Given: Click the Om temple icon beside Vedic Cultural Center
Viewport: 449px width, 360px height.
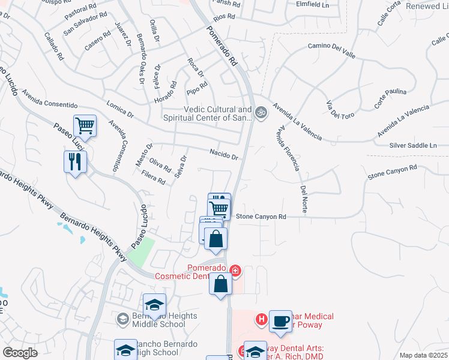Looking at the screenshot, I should pyautogui.click(x=261, y=112).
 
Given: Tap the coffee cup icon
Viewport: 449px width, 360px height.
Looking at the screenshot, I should pyautogui.click(x=280, y=321).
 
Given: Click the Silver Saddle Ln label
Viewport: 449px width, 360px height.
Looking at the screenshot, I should pyautogui.click(x=413, y=145).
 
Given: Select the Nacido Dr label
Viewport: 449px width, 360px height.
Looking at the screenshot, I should pyautogui.click(x=224, y=154).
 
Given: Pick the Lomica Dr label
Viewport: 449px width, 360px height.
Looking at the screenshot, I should pyautogui.click(x=119, y=108).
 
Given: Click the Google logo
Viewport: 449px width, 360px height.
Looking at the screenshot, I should pyautogui.click(x=20, y=352).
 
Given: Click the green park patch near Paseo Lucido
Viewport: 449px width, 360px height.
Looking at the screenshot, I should pyautogui.click(x=140, y=252).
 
